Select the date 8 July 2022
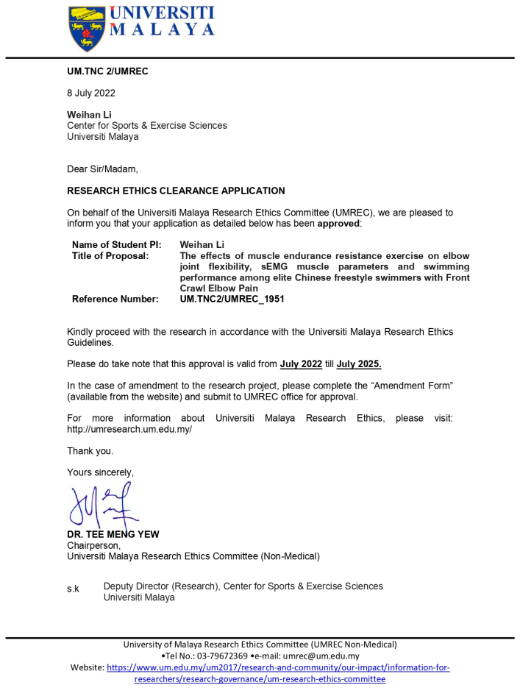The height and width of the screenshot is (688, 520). tap(91, 93)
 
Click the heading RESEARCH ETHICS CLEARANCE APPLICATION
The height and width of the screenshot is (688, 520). tap(176, 191)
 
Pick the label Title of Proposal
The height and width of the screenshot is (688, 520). tap(110, 256)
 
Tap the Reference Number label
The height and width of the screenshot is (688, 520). tap(115, 299)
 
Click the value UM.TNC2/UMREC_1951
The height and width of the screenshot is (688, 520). tap(232, 299)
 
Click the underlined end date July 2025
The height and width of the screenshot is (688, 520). tap(359, 364)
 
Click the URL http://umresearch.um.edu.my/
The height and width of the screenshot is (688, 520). tap(129, 429)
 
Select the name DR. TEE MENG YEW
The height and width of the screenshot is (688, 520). tap(113, 535)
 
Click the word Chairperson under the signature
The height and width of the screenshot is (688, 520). tap(93, 546)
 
